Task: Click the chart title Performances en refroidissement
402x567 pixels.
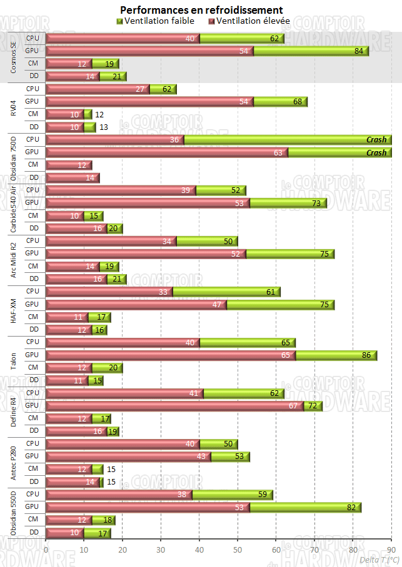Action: point(201,10)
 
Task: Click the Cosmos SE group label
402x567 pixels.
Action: point(14,57)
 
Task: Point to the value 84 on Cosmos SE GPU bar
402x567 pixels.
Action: point(359,51)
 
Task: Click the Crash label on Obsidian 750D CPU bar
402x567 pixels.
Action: point(376,140)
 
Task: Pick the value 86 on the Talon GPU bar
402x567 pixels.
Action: point(366,355)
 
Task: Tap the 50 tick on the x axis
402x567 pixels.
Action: point(238,550)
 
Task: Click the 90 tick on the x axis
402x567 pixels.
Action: point(391,550)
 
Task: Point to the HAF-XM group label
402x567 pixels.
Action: point(14,310)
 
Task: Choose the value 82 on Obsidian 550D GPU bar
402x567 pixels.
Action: point(351,507)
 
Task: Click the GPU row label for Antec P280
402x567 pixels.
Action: point(32,456)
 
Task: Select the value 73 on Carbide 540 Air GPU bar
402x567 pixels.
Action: point(317,203)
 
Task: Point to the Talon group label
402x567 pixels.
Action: point(14,361)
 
